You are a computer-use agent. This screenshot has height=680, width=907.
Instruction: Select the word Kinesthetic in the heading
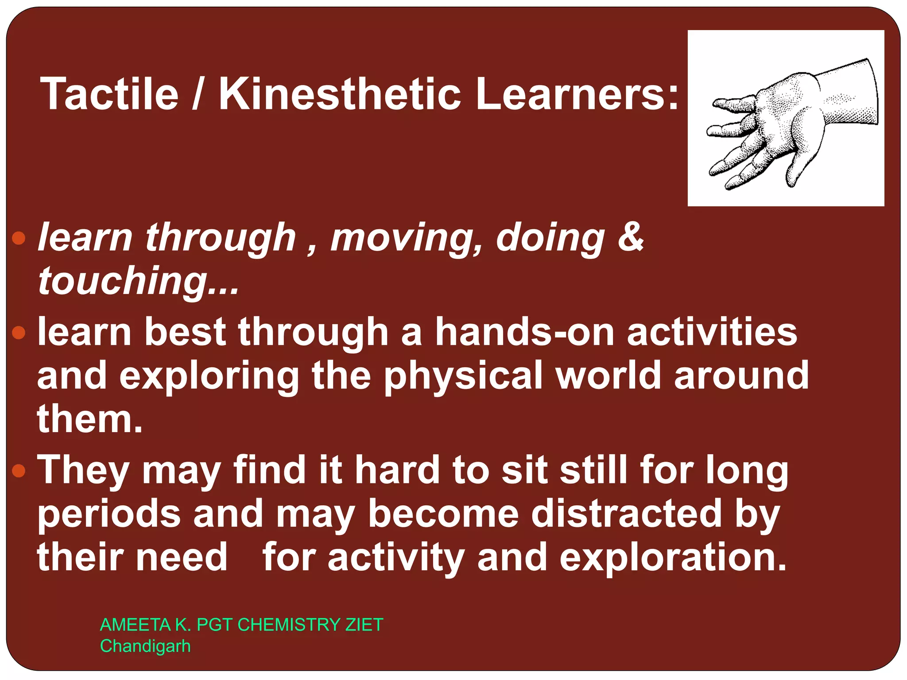tap(340, 94)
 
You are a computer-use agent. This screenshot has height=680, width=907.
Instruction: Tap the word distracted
tap(627, 514)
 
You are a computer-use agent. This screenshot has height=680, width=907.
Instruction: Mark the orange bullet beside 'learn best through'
tap(19, 332)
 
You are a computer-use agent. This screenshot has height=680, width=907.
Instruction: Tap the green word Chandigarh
tap(145, 646)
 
